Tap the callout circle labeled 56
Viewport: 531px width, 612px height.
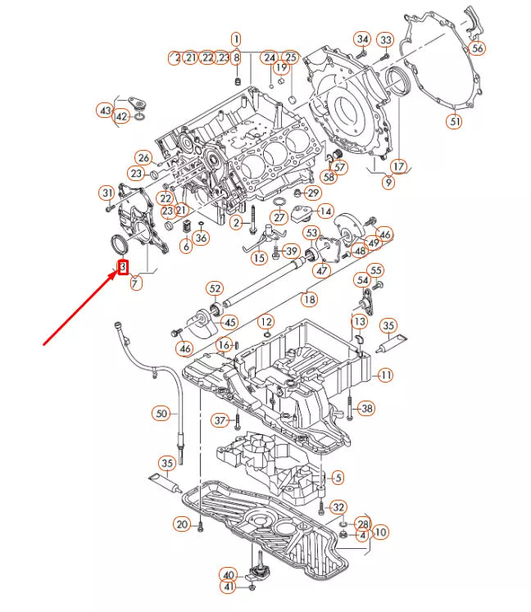[x=478, y=48]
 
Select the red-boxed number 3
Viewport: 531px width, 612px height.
[x=123, y=266]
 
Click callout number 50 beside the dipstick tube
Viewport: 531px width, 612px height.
[x=161, y=414]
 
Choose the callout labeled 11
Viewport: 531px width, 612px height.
[x=385, y=375]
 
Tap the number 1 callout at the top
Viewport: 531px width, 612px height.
[x=236, y=39]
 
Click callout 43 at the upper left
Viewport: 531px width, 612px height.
[x=105, y=111]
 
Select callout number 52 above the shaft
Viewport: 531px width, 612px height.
[x=215, y=288]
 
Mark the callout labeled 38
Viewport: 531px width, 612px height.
[x=366, y=408]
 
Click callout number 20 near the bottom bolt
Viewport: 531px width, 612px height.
[x=182, y=524]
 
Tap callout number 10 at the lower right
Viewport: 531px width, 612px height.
[x=380, y=533]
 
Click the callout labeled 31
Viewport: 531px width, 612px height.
[x=107, y=193]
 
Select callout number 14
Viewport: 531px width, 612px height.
[x=325, y=211]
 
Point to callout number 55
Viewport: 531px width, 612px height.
[x=376, y=270]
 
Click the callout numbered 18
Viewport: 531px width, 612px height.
[x=309, y=300]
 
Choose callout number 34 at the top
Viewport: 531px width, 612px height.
[x=362, y=39]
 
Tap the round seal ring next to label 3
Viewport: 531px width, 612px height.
[x=119, y=244]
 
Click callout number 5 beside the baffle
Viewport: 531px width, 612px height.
[x=338, y=477]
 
